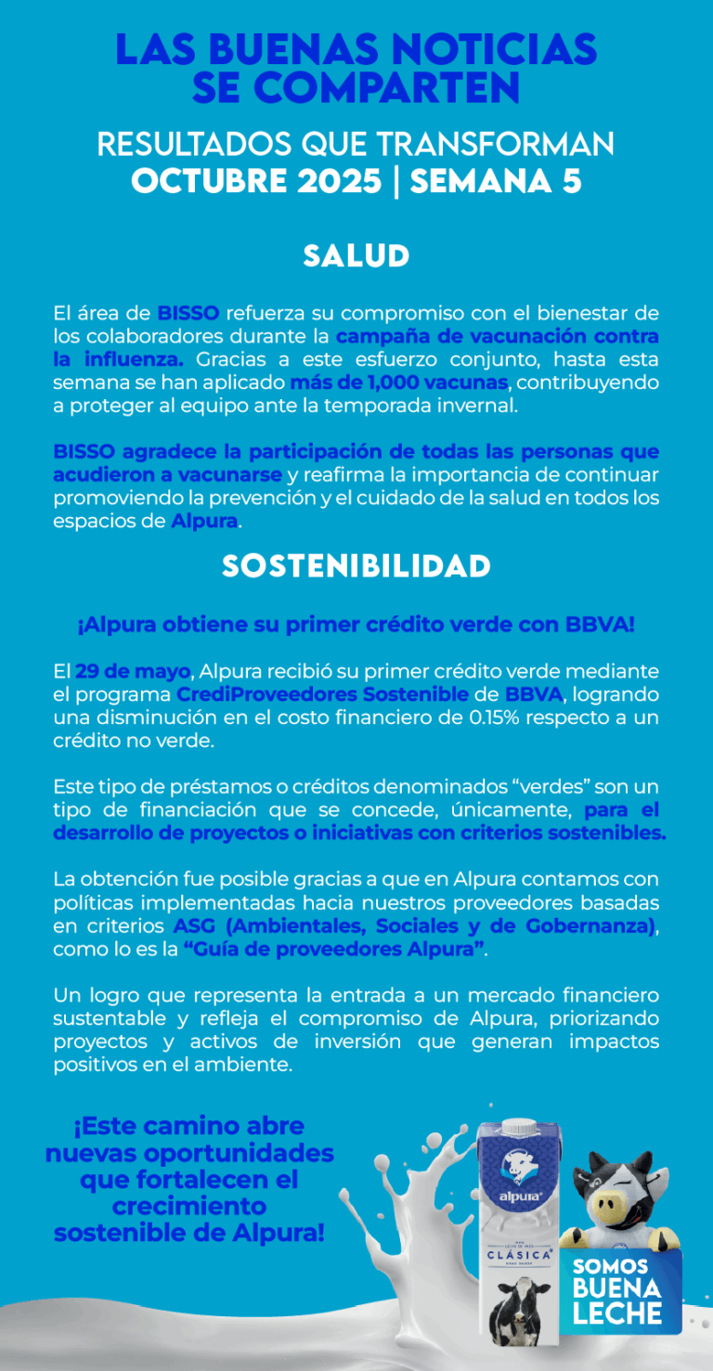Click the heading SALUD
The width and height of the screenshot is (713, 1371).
point(356,256)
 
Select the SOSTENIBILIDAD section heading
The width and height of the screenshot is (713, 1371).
point(356,566)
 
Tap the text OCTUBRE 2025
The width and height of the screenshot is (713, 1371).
point(256,181)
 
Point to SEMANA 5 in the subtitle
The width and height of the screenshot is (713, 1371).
point(496,181)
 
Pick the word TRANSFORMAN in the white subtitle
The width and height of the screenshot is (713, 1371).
point(496,145)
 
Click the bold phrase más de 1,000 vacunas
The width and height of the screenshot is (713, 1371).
point(399,382)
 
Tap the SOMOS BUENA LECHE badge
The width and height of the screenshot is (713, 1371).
point(617,1291)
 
